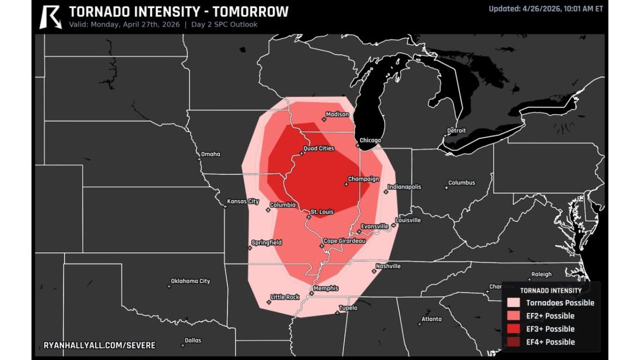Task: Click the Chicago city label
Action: [x=370, y=140]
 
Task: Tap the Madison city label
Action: [x=337, y=114]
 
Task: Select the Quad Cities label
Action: [x=319, y=148]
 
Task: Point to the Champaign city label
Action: [x=363, y=179]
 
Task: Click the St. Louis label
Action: [x=322, y=212]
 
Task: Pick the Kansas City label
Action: [x=243, y=201]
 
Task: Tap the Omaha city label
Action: [x=210, y=154]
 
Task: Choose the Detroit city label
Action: [x=456, y=130]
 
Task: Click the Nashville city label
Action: [x=388, y=266]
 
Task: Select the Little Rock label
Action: [x=285, y=297]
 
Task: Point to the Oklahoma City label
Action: [x=190, y=281]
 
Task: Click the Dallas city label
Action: [x=193, y=340]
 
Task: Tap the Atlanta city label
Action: [x=431, y=319]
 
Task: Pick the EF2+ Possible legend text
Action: [x=550, y=316]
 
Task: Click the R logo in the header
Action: [x=50, y=16]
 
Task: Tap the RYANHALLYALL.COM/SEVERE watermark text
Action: [x=99, y=345]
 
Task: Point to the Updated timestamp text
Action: [x=545, y=8]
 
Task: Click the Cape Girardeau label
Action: [x=344, y=241]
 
